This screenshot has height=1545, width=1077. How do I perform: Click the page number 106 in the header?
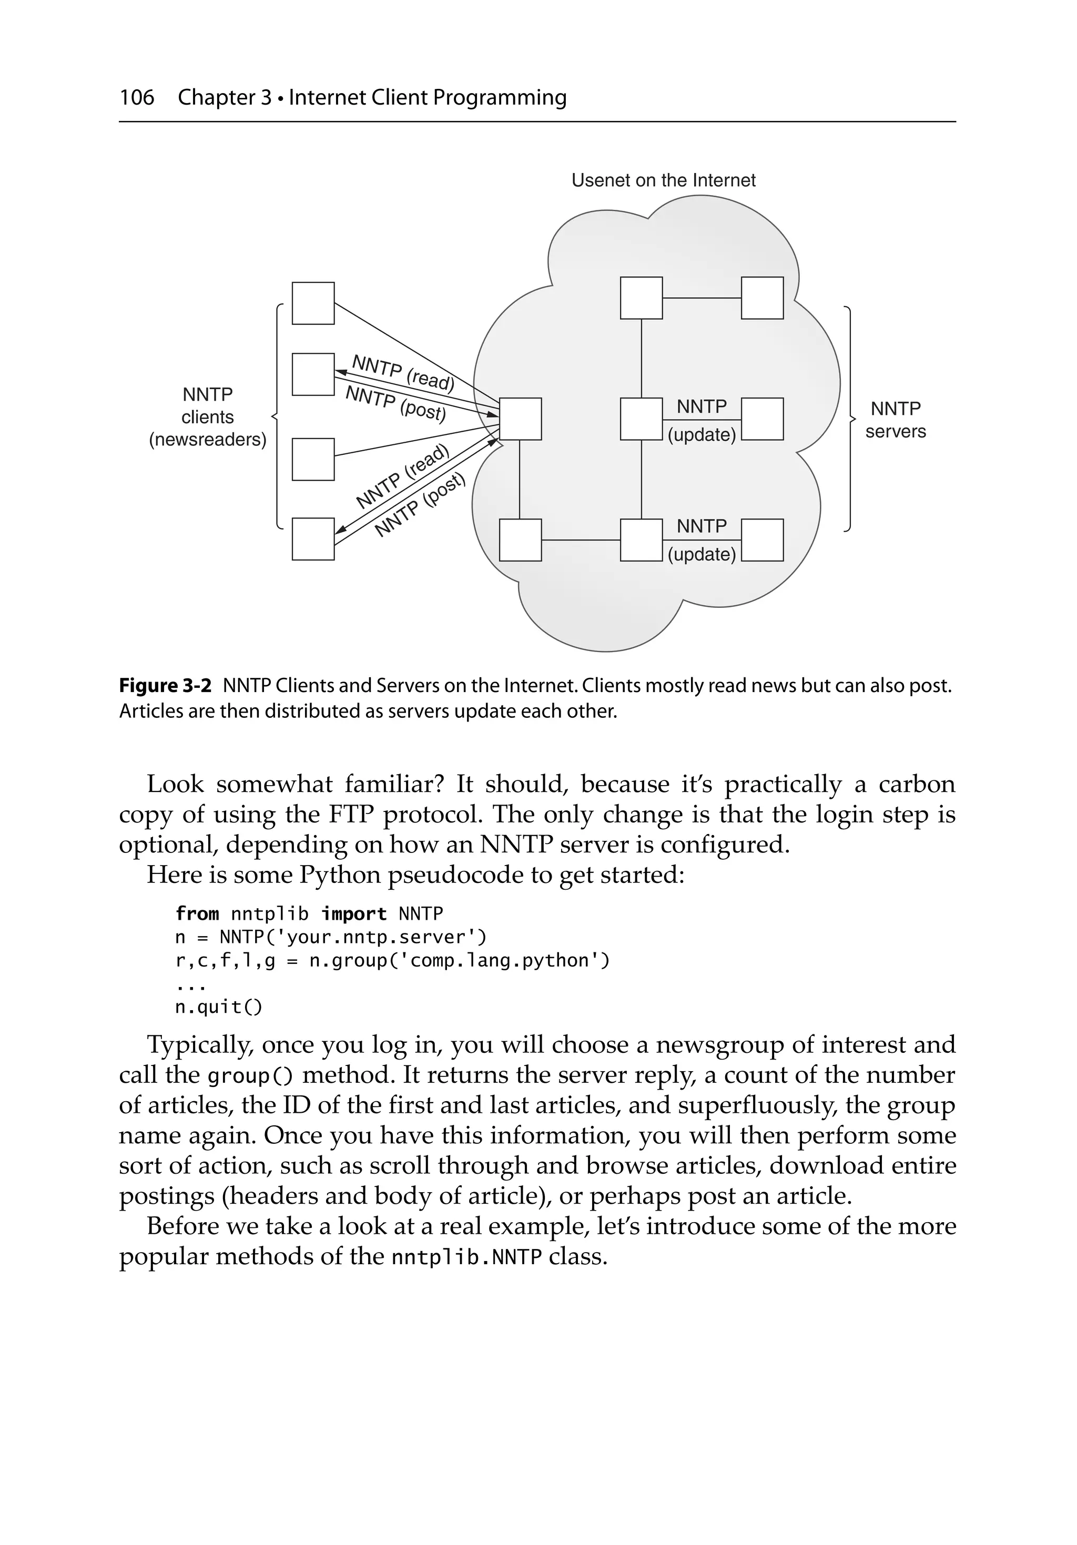point(137,98)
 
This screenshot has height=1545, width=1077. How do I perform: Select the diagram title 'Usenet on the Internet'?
point(663,180)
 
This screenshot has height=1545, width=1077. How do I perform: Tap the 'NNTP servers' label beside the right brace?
point(895,420)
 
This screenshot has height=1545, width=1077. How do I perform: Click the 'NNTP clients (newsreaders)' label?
point(207,416)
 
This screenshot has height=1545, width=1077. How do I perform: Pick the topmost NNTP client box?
point(313,303)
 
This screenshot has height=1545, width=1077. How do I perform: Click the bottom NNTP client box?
point(313,539)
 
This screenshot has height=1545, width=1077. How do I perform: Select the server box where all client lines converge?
point(520,419)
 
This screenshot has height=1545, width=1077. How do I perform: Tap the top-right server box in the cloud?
point(762,298)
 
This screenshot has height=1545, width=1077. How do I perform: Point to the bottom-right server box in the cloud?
point(762,540)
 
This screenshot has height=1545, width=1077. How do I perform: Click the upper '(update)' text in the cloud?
point(702,435)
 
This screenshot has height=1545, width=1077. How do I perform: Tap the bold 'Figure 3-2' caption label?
point(165,686)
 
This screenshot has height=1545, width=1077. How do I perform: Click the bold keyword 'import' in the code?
point(353,914)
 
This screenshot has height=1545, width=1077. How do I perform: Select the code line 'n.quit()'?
point(219,1007)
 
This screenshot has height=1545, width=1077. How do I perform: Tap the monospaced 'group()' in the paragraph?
point(250,1076)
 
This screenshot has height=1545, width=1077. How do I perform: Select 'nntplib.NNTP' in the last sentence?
point(466,1257)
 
